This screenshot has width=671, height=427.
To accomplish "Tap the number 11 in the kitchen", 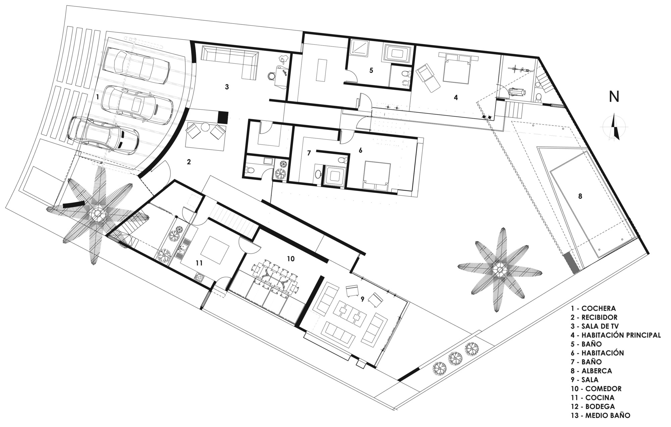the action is tap(199, 263).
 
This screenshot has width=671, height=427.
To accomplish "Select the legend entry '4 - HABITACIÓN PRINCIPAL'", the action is tap(616, 335).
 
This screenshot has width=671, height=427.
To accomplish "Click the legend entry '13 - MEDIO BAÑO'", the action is tap(600, 415).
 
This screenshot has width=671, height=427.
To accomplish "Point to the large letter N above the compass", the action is tap(614, 97).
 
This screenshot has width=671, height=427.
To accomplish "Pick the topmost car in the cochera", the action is tap(136, 64).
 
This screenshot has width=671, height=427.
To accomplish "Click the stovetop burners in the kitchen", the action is tap(199, 278).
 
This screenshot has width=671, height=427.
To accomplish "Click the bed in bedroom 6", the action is tap(377, 176).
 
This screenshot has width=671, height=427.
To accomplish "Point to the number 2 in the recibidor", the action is tap(189, 162).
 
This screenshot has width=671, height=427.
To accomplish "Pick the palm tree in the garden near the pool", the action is tap(500, 270).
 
